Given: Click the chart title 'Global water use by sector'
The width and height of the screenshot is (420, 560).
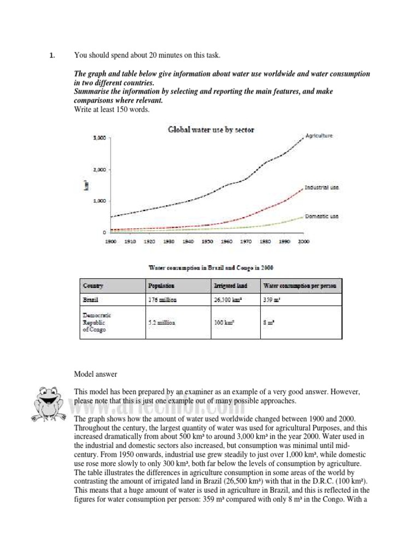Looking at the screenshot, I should click(211, 130).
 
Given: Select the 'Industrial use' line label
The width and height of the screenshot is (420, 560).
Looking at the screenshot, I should click(322, 188).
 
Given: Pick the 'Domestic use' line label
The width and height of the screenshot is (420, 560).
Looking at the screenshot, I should click(322, 216).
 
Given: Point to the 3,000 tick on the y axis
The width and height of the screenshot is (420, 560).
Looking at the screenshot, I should click(99, 138).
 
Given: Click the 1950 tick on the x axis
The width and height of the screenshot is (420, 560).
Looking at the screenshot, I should click(207, 241).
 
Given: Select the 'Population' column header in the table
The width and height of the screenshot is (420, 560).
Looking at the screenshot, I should click(161, 286).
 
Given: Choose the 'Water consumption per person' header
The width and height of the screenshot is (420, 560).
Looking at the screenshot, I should click(300, 286).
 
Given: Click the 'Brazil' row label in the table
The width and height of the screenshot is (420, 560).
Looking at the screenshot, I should click(90, 300).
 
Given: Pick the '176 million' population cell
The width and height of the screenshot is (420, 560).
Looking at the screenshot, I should click(162, 300).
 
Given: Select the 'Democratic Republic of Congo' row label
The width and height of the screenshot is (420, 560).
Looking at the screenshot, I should click(97, 323).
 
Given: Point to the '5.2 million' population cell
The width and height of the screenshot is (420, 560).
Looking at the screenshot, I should click(162, 323).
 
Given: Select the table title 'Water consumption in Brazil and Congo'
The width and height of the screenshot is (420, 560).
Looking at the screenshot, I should click(211, 267).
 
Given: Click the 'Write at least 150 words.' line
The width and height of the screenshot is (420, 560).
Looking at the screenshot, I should click(112, 109).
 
